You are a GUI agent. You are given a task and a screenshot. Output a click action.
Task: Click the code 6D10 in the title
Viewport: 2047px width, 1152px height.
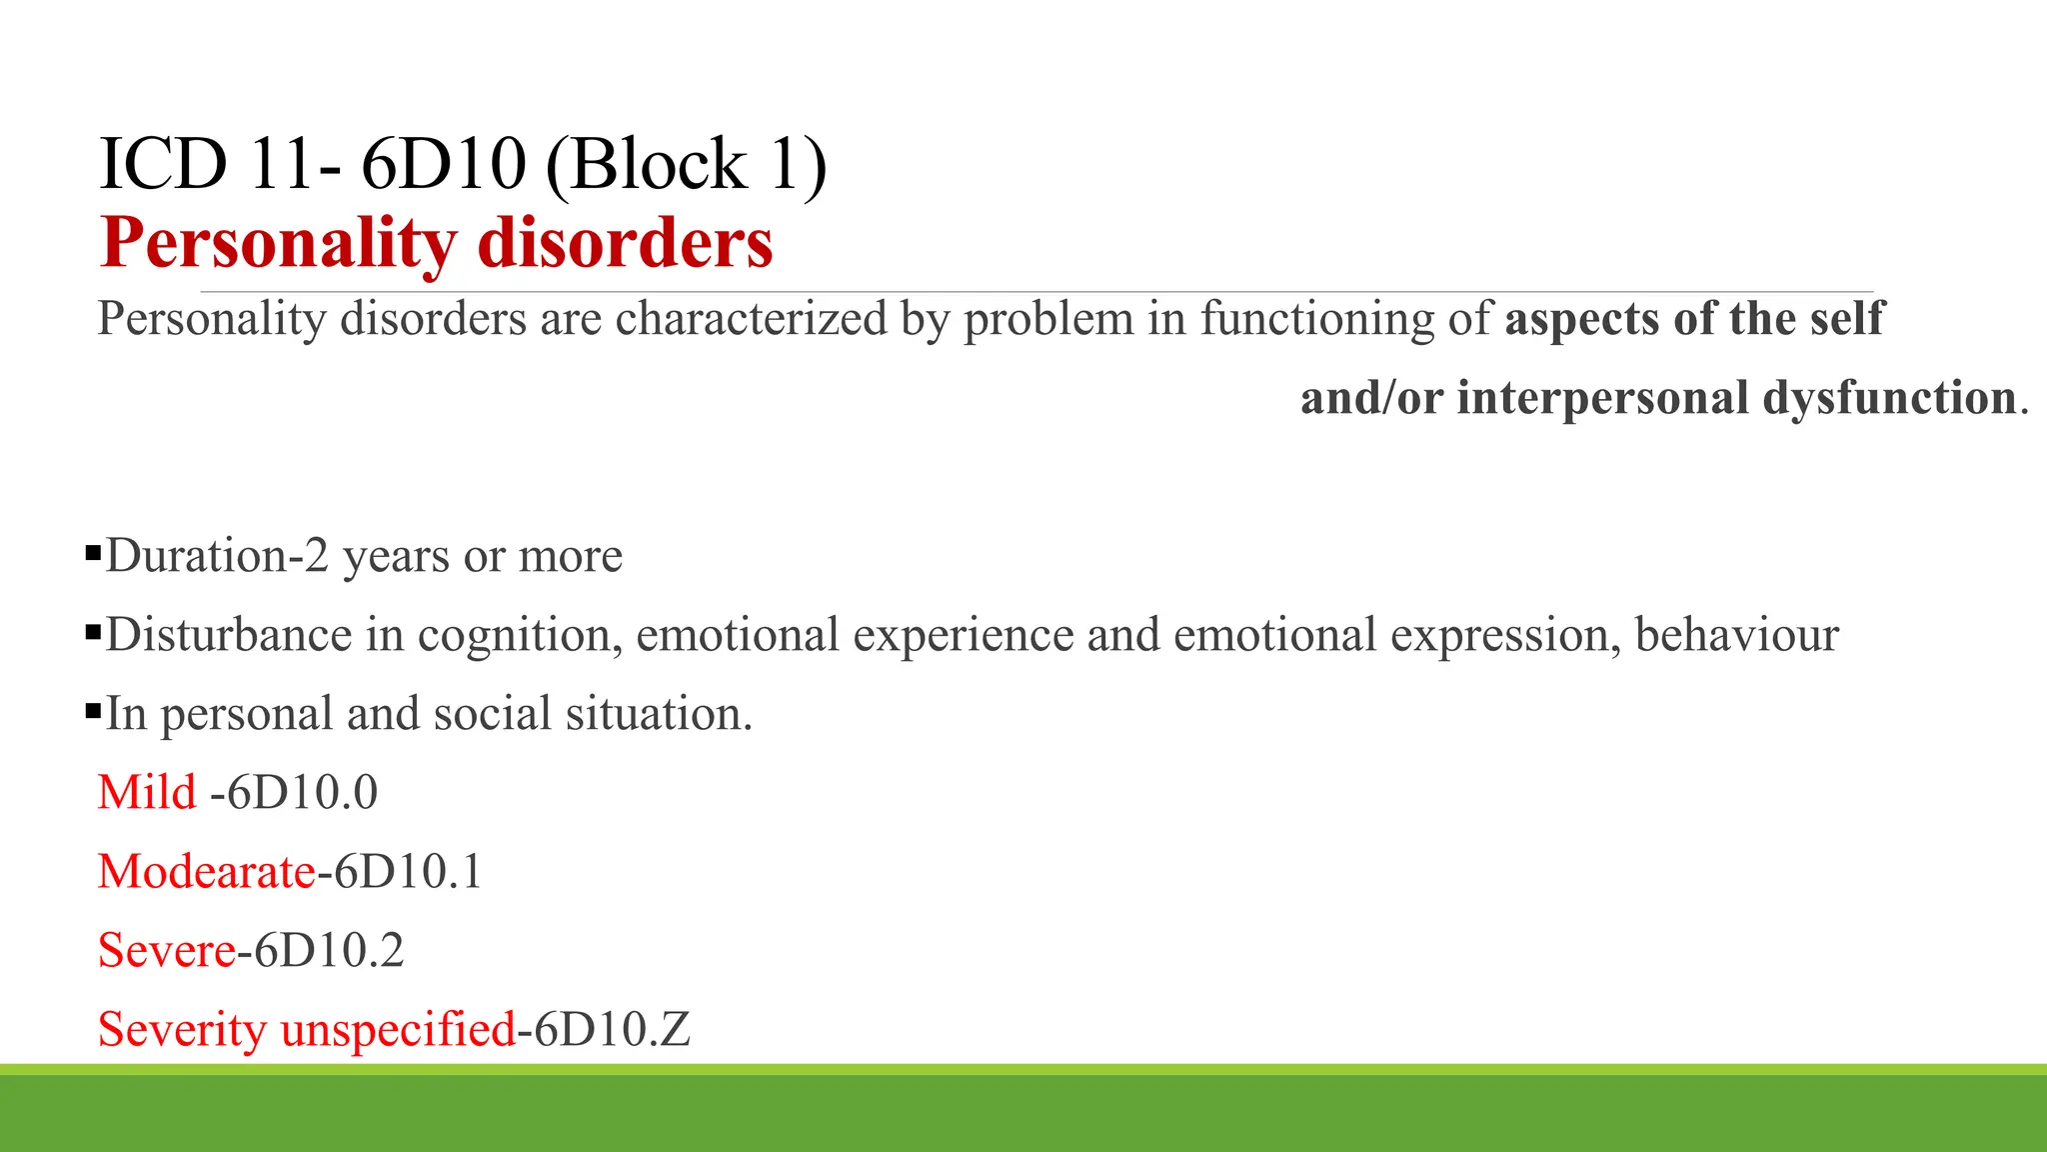tap(443, 165)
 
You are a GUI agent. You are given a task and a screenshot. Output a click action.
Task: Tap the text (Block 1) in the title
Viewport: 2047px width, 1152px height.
tap(687, 165)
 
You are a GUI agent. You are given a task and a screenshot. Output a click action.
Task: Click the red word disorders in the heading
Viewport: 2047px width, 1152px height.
tap(625, 243)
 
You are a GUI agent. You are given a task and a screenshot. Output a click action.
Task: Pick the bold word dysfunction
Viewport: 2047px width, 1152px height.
tap(1889, 398)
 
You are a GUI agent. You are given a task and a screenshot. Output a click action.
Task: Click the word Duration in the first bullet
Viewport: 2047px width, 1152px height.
tap(196, 556)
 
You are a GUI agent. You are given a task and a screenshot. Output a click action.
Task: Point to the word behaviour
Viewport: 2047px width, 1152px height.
tap(1737, 635)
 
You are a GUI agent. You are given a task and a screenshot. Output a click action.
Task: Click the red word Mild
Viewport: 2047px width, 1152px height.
tap(147, 792)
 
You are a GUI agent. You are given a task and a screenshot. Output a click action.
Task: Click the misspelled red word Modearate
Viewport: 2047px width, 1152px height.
tap(207, 871)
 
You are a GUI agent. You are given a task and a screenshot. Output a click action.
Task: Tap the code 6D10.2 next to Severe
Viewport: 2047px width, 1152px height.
tap(329, 950)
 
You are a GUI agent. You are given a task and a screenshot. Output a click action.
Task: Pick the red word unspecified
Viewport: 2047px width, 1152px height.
tap(398, 1030)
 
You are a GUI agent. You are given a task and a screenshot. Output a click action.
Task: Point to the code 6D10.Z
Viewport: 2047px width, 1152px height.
tap(612, 1030)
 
